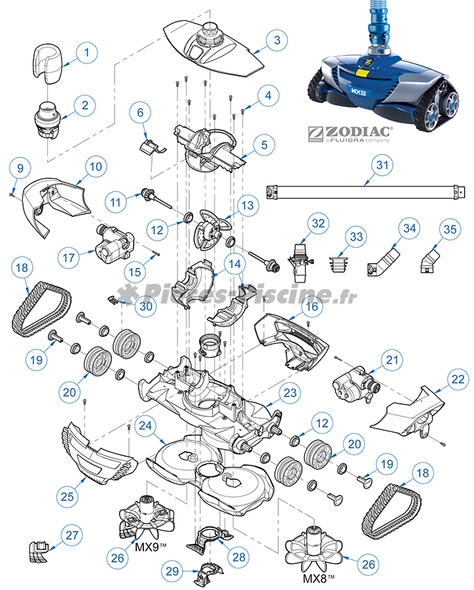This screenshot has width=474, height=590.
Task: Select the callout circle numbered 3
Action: coord(277,40)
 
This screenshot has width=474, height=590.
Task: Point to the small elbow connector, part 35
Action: coord(428,261)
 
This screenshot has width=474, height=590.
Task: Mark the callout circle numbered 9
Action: coord(20,168)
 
